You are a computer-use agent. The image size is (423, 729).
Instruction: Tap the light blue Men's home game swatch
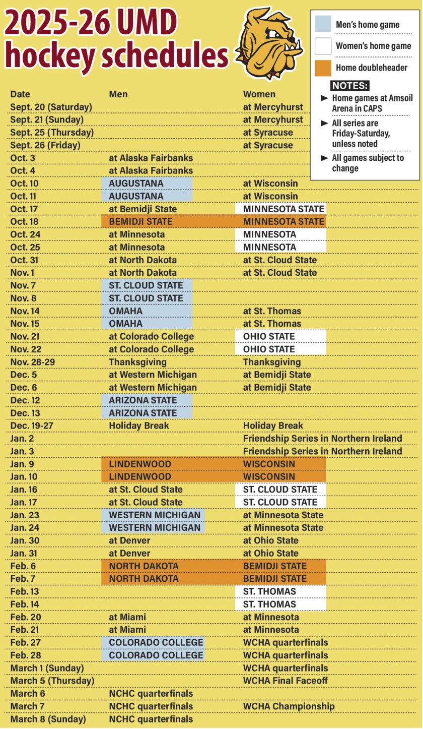323,24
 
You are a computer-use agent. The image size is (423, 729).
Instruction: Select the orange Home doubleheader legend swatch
323,68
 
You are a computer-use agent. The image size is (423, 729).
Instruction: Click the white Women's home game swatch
323,46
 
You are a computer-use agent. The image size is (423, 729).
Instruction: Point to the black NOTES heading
350,85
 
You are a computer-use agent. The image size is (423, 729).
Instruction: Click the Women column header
259,94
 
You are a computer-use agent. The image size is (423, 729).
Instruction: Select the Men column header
118,94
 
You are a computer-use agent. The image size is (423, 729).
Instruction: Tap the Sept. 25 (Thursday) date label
52,133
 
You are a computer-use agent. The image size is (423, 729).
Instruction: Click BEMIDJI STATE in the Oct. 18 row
140,221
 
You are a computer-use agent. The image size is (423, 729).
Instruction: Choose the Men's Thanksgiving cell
137,362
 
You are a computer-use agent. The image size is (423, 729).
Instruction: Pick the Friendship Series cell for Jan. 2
322,438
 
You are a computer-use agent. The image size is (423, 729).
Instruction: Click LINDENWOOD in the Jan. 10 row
140,476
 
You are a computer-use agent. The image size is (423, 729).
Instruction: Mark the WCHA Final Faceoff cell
285,681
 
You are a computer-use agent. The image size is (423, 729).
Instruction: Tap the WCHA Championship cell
289,706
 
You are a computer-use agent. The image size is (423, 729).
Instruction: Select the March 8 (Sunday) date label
48,719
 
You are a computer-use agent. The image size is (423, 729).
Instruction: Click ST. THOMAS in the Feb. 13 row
269,591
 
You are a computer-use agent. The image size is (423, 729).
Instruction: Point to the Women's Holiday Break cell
273,426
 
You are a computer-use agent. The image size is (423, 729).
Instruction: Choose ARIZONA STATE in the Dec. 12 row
143,400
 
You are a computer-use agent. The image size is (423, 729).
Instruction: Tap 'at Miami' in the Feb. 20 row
127,617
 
